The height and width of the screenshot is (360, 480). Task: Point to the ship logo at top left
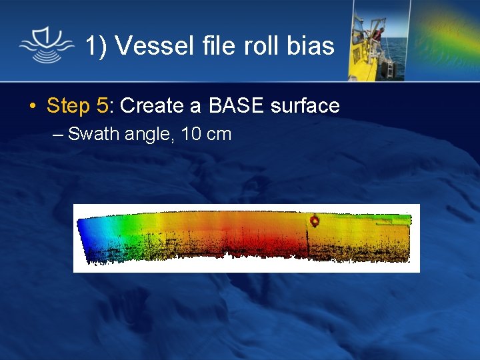click(x=45, y=45)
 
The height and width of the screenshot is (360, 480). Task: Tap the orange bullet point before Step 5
click(x=32, y=106)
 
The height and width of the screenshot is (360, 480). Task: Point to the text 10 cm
click(x=206, y=134)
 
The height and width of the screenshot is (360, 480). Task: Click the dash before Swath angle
click(x=59, y=135)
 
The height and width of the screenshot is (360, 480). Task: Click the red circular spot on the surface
click(x=315, y=221)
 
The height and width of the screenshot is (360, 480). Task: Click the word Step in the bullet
click(x=68, y=106)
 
